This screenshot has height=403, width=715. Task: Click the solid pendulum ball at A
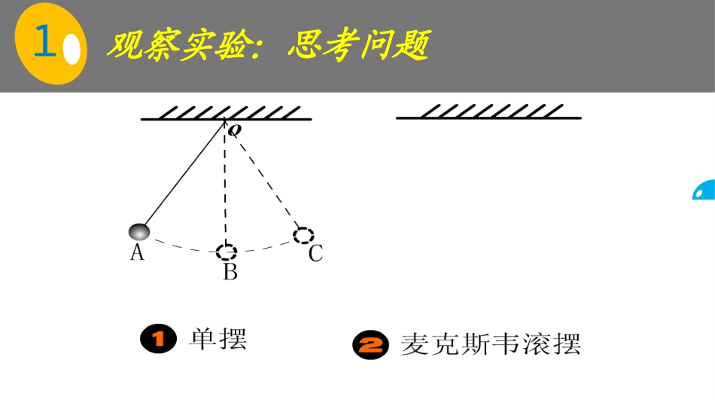[139, 231]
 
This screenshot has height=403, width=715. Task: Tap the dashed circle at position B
[227, 251]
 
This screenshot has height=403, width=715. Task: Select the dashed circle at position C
[303, 235]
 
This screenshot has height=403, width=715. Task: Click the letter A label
[137, 252]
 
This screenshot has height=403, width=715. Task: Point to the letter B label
[230, 272]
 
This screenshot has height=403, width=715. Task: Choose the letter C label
[315, 254]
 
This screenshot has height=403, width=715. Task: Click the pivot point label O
[236, 131]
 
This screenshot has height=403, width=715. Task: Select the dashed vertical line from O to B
[225, 188]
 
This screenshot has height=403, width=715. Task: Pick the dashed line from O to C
[265, 181]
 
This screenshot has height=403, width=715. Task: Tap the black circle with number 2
[371, 346]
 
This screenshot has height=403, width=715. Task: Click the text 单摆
[218, 339]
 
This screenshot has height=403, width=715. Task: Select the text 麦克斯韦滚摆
[491, 344]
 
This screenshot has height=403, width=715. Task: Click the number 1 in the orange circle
[45, 43]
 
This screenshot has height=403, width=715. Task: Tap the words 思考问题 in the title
[358, 46]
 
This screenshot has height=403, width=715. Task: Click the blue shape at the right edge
[704, 191]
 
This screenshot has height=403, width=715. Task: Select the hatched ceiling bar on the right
[488, 113]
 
